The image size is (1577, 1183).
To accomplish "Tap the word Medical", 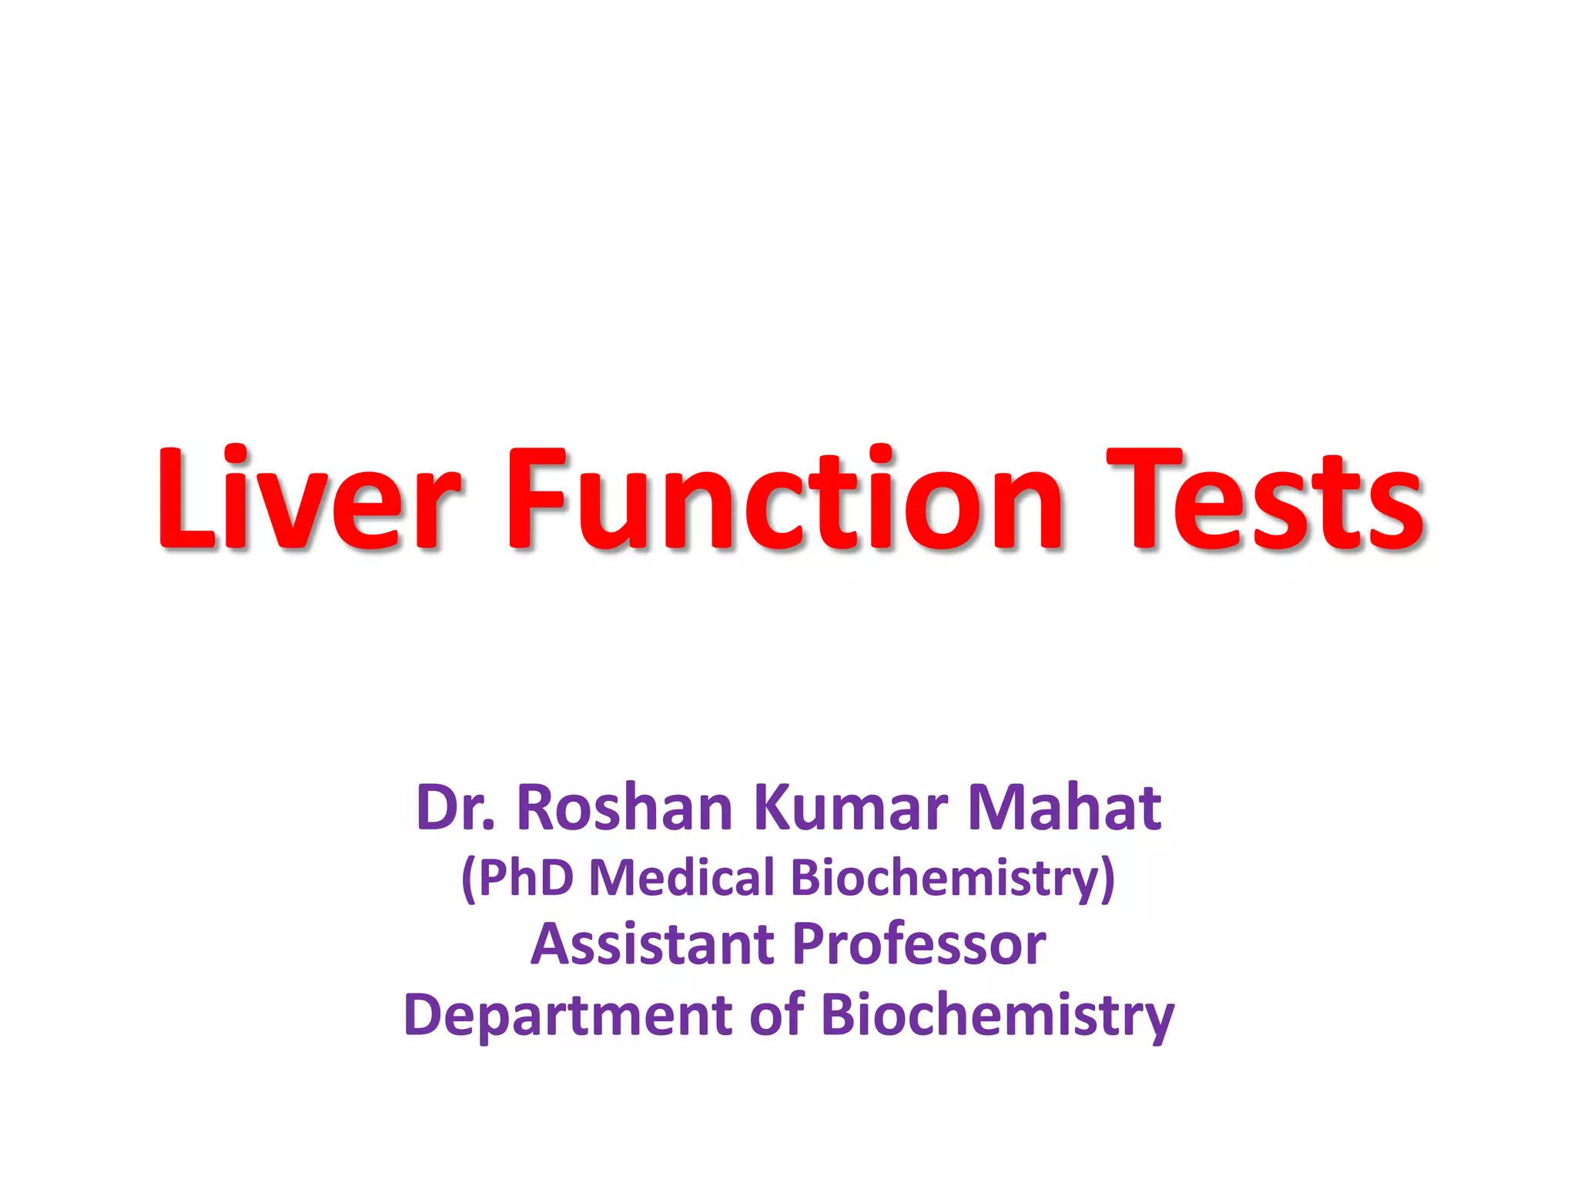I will pyautogui.click(x=681, y=877).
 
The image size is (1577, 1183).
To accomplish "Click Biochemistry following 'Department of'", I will pyautogui.click(x=997, y=1015).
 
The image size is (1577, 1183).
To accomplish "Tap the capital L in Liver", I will pyautogui.click(x=185, y=499).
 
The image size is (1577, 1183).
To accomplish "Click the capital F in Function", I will pyautogui.click(x=534, y=499).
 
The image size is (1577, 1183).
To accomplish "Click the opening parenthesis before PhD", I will pyautogui.click(x=468, y=879).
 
